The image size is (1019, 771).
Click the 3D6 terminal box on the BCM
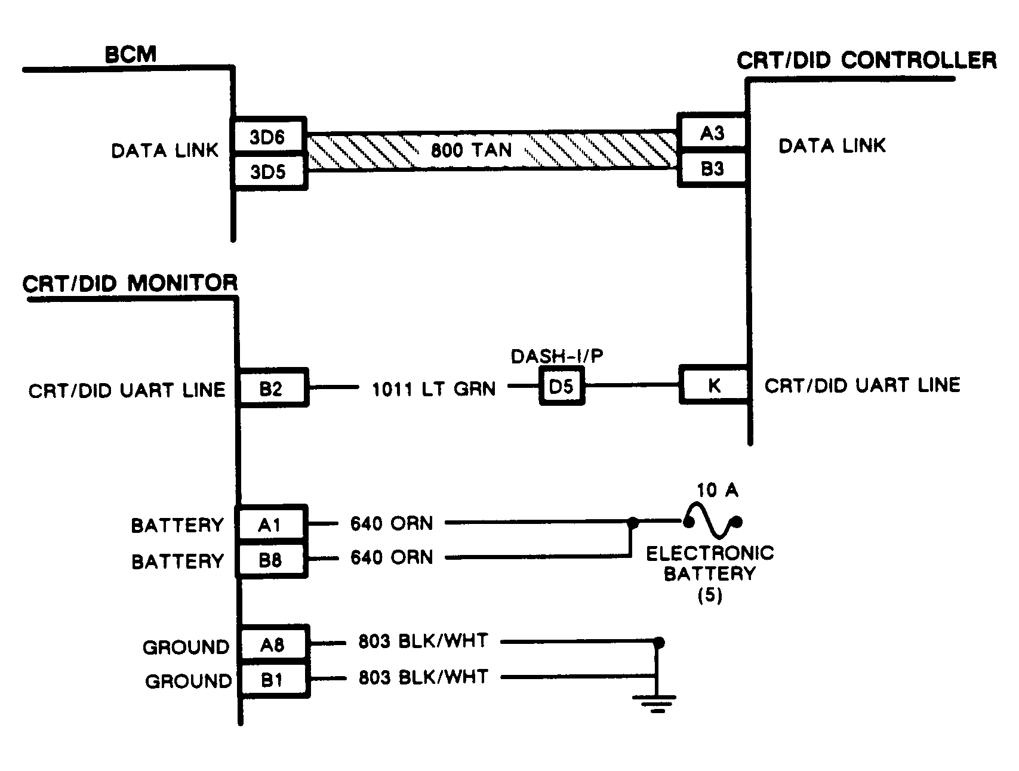(x=269, y=137)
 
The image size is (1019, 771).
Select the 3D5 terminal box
(x=269, y=172)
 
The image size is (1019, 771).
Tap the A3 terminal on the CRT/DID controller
(x=712, y=133)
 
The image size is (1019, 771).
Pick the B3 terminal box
(x=712, y=169)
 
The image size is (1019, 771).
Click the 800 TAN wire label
(x=472, y=150)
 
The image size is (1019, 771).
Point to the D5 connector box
(x=561, y=387)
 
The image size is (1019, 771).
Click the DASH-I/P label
(x=557, y=356)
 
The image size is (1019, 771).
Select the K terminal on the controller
(x=713, y=385)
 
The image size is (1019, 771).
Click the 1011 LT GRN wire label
(x=434, y=390)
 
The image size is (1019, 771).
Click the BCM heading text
(x=130, y=55)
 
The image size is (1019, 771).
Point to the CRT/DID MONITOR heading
(x=130, y=283)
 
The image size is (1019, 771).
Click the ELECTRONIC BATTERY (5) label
(x=710, y=573)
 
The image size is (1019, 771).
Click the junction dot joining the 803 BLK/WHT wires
(x=658, y=643)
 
